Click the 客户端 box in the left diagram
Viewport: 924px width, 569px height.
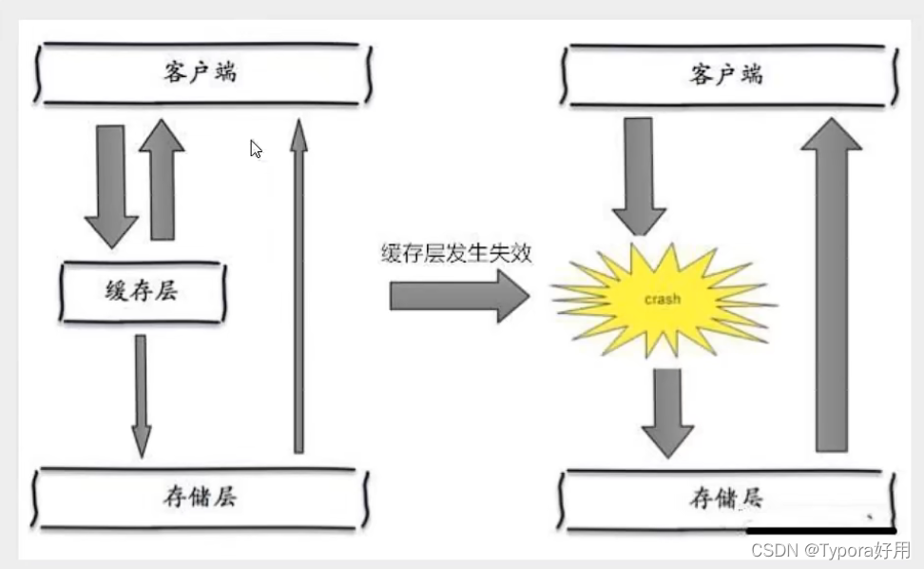(x=199, y=72)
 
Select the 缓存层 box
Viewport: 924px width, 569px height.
(x=143, y=291)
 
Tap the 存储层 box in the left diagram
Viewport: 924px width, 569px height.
(x=199, y=496)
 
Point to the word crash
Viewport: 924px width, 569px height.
(x=663, y=299)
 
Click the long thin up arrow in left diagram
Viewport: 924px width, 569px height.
(x=298, y=285)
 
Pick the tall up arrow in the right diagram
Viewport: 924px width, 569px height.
(x=831, y=285)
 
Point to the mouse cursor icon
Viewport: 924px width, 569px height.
(x=256, y=149)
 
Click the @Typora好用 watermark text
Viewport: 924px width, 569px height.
(x=853, y=551)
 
